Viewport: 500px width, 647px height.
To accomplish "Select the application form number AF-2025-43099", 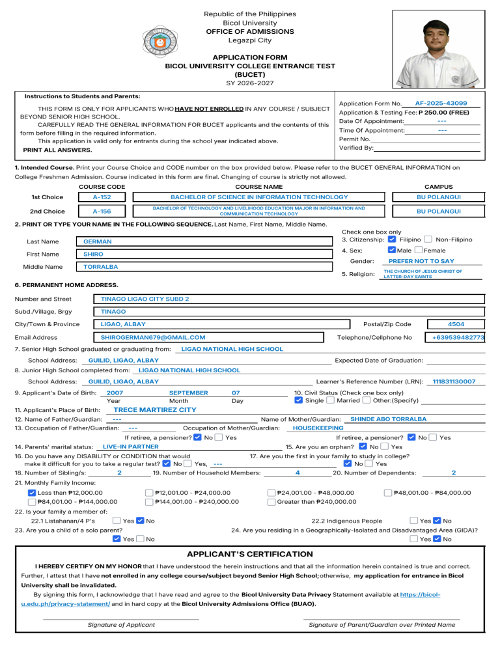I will coord(441,103).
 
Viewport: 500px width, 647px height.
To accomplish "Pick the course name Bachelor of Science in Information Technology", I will coord(259,197).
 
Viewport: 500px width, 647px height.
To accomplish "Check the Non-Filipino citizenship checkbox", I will coord(427,240).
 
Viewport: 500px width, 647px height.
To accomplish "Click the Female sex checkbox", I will coord(419,250).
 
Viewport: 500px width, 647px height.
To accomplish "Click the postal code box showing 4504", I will coord(456,323).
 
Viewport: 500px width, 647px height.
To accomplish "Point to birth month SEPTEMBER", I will coord(188,392).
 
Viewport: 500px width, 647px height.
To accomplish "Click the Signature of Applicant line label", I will coord(121,625).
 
